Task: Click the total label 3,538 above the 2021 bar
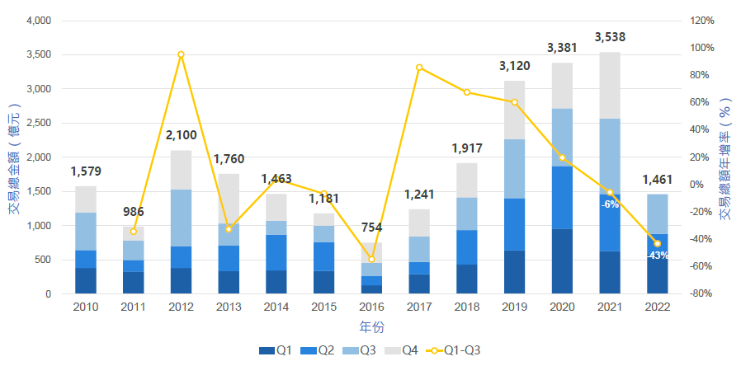click(610, 37)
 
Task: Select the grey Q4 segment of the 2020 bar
click(562, 86)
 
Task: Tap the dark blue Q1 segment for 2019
click(514, 272)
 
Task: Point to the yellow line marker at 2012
click(181, 54)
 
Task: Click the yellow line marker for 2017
click(419, 68)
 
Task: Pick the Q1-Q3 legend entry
click(452, 350)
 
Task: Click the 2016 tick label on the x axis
click(371, 307)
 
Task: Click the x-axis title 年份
click(371, 326)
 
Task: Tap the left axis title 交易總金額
click(14, 157)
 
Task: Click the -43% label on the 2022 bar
click(658, 255)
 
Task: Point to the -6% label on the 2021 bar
click(611, 204)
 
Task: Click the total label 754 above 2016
click(371, 228)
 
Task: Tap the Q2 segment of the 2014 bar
click(276, 252)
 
